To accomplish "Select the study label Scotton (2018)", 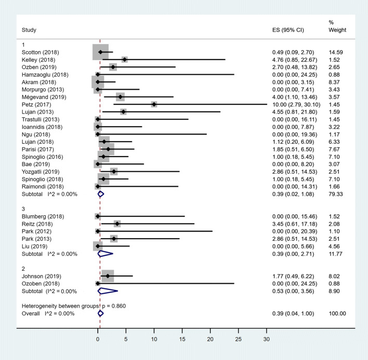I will click(x=38, y=52).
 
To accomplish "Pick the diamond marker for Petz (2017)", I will click(x=154, y=104).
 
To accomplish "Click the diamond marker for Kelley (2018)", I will click(x=124, y=60).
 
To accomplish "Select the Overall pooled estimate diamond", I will click(x=100, y=313).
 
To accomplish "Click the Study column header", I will click(x=29, y=30).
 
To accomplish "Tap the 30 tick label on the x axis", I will click(x=267, y=339).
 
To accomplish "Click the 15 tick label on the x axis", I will click(x=182, y=339).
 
